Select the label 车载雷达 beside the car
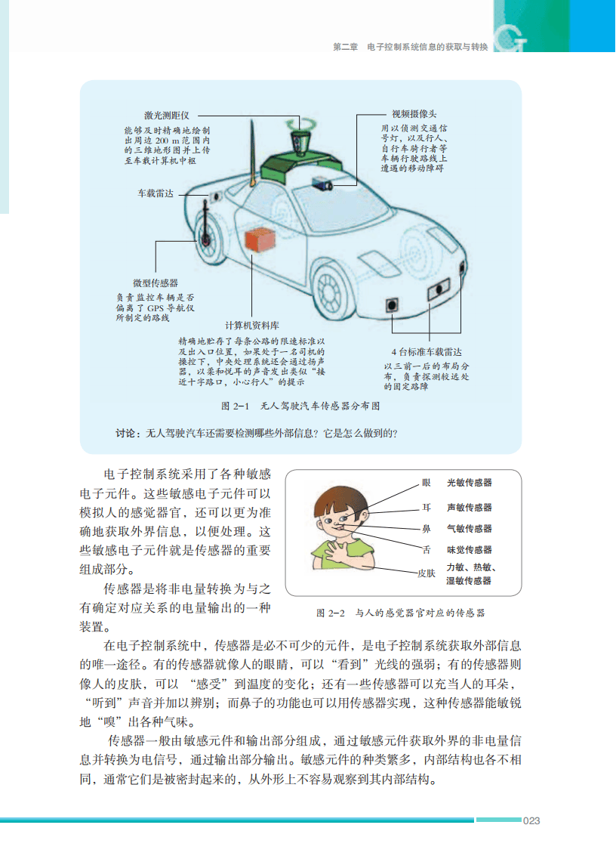155,193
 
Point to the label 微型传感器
156,283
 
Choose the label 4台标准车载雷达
426,352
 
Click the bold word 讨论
126,434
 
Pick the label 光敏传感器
469,482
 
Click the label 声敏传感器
469,507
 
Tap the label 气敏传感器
469,528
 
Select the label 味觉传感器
469,550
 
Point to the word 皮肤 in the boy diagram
427,573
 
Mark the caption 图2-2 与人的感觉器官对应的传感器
400,613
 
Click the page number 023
532,820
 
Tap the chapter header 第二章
345,47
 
